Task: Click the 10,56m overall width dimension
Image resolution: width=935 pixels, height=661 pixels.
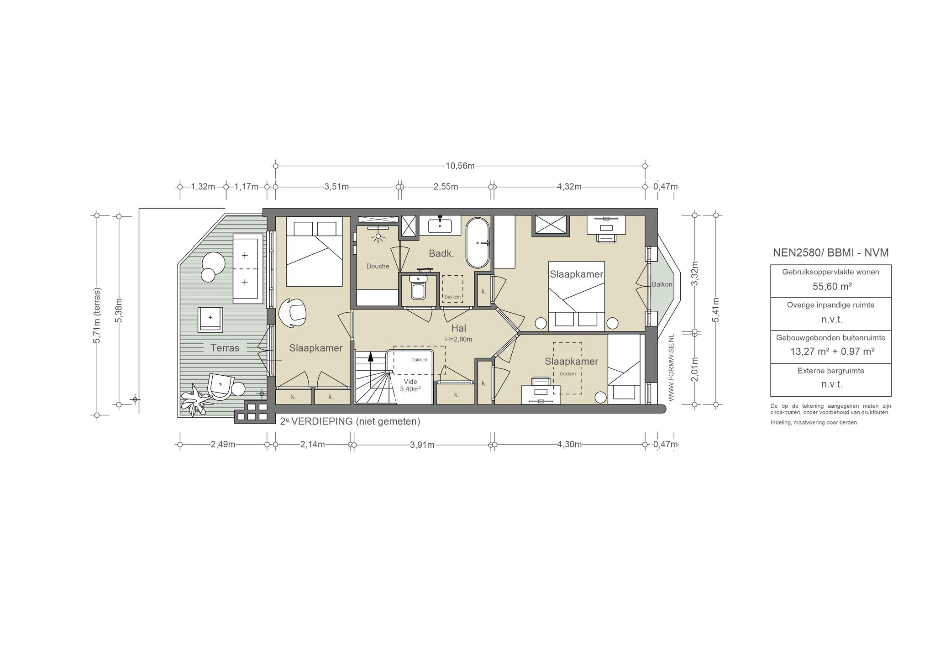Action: (x=460, y=166)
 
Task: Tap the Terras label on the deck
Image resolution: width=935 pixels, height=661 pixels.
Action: (x=225, y=348)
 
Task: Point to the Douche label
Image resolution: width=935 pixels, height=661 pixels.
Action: (x=378, y=266)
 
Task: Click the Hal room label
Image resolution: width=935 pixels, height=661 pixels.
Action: (x=458, y=328)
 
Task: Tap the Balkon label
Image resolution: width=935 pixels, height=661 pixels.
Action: (x=662, y=284)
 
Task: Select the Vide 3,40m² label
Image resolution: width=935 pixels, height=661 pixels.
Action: (x=410, y=385)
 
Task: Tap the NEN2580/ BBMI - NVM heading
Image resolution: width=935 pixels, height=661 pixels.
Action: (x=830, y=253)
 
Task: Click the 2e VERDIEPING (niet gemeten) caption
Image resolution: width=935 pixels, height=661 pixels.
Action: (x=350, y=421)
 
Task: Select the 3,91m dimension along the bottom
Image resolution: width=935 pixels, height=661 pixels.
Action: (x=422, y=445)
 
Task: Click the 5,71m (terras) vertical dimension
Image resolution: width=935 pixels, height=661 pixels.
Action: (x=97, y=315)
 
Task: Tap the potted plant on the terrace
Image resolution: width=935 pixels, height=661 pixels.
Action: (x=195, y=399)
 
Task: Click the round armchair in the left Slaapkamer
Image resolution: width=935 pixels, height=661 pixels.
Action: (x=293, y=313)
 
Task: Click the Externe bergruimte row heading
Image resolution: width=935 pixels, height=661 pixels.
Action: (x=830, y=371)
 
